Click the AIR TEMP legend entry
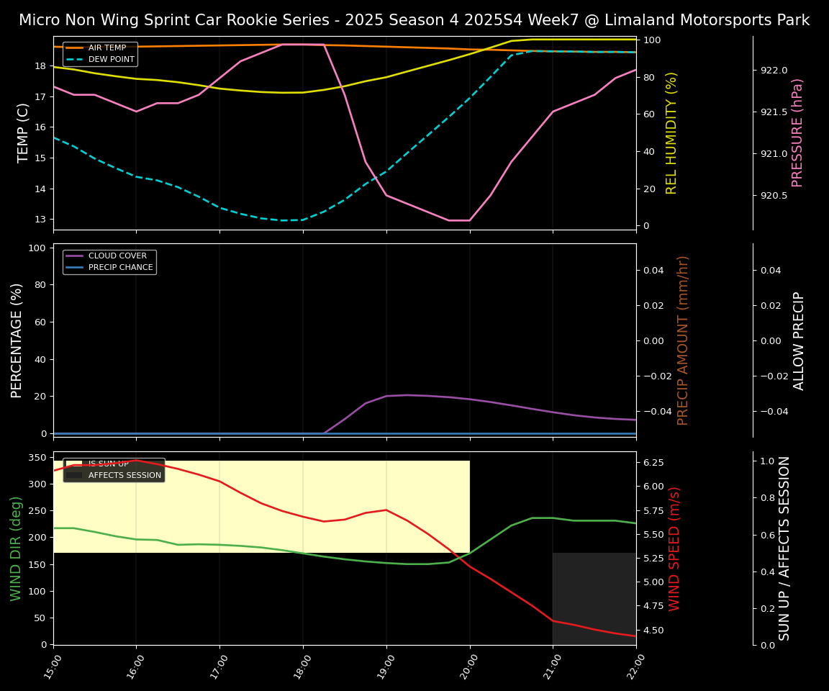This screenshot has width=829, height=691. tap(107, 48)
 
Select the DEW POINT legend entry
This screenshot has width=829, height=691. tap(111, 59)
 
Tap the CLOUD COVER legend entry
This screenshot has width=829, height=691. tap(117, 256)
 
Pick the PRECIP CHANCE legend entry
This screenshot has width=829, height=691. tap(120, 267)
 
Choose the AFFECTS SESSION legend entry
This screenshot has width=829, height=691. tap(124, 475)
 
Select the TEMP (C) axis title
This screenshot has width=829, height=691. tap(23, 132)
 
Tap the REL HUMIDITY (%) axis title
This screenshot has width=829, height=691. tap(671, 132)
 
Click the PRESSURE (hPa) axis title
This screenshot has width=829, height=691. tap(797, 132)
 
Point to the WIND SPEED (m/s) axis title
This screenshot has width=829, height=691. tap(674, 548)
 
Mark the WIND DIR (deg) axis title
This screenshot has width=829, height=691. tap(16, 548)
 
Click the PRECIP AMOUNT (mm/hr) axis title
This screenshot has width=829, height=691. tap(683, 340)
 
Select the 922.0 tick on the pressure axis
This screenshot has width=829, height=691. tap(774, 71)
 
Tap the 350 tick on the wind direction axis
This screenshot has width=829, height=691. tap(37, 458)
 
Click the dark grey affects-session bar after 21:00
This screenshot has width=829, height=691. tap(594, 598)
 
